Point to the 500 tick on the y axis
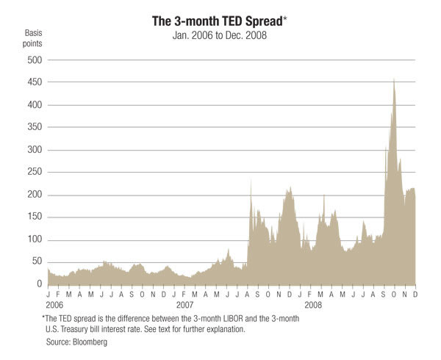pos(34,60)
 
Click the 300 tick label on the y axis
pos(34,150)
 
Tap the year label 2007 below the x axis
pos(184,304)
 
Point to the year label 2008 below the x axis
pos(312,304)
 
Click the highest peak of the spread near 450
pos(394,79)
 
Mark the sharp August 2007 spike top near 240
pos(251,178)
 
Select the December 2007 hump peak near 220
pos(290,188)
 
